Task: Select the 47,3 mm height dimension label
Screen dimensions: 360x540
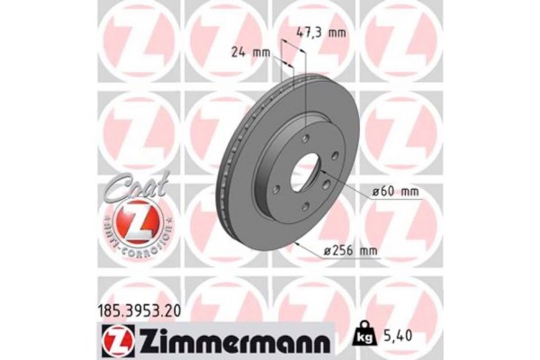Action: coord(321,33)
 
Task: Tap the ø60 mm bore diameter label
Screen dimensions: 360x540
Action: coord(397,191)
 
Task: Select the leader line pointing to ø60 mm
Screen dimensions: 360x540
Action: coord(355,192)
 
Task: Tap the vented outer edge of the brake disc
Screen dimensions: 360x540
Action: coord(225,180)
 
